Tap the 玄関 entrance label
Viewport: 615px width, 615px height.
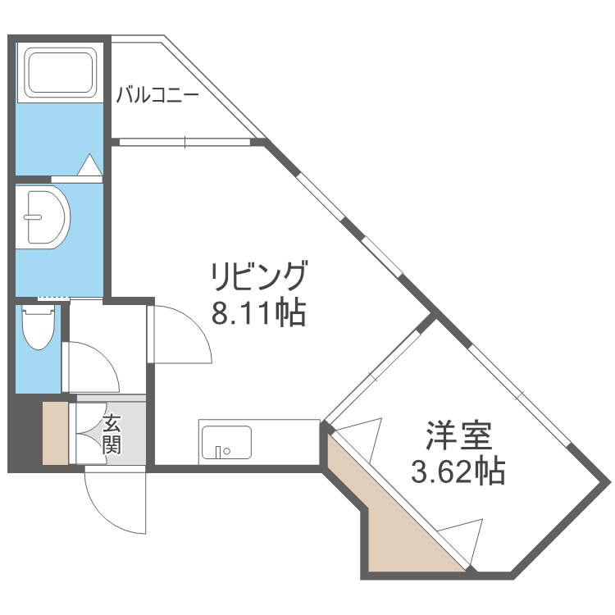112,435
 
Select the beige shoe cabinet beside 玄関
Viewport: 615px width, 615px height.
56,433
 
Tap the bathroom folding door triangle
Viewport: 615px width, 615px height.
89,166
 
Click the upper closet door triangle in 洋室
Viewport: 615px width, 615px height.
361,433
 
